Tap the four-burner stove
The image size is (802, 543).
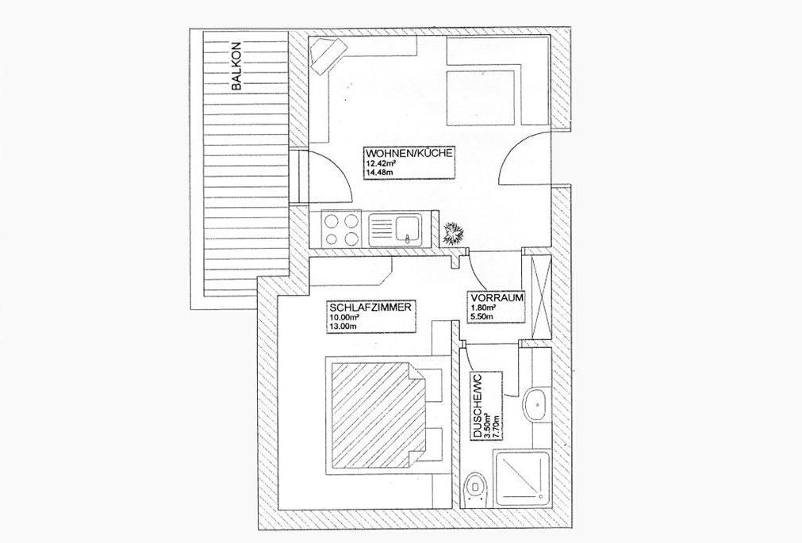point(341,229)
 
